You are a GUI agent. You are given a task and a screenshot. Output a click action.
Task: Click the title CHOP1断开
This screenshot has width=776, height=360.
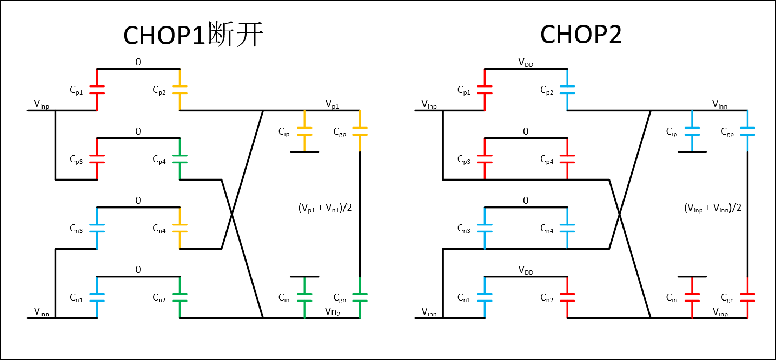pyautogui.click(x=193, y=36)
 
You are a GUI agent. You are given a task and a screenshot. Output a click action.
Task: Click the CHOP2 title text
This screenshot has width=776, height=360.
pyautogui.click(x=581, y=36)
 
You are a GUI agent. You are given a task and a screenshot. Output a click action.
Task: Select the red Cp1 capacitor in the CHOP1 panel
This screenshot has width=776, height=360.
pyautogui.click(x=97, y=90)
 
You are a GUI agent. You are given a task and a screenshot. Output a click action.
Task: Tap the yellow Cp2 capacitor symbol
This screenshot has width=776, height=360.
pyautogui.click(x=180, y=90)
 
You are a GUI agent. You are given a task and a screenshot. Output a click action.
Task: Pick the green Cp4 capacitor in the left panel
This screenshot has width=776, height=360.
pyautogui.click(x=180, y=159)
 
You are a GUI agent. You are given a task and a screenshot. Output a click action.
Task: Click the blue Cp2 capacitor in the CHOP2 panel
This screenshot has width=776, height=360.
pyautogui.click(x=567, y=90)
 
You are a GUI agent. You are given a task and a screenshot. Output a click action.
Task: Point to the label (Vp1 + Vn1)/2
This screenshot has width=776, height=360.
pyautogui.click(x=325, y=208)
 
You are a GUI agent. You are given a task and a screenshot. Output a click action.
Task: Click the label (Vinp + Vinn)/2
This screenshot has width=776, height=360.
pyautogui.click(x=712, y=208)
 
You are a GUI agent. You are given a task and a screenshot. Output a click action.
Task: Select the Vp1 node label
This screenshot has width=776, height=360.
pyautogui.click(x=332, y=104)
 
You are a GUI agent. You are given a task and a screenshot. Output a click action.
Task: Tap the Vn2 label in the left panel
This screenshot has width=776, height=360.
pyautogui.click(x=332, y=311)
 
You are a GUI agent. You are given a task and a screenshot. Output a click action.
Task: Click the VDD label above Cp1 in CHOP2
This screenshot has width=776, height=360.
pyautogui.click(x=525, y=63)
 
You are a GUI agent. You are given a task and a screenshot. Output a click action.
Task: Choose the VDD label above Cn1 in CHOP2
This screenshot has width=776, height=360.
pyautogui.click(x=525, y=270)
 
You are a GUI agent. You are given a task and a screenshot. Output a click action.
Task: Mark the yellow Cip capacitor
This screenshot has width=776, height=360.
pyautogui.click(x=304, y=131)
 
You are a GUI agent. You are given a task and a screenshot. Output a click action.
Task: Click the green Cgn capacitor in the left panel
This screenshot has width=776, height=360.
pyautogui.click(x=360, y=297)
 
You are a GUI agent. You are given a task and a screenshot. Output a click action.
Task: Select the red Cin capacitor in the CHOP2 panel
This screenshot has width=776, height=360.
pyautogui.click(x=692, y=297)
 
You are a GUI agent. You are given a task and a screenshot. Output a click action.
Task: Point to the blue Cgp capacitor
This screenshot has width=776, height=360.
pyautogui.click(x=747, y=131)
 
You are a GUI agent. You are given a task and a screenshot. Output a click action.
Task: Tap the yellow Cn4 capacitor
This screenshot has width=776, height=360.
pyautogui.click(x=180, y=228)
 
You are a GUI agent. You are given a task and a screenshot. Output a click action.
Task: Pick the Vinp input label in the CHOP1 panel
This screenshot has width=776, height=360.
pyautogui.click(x=41, y=104)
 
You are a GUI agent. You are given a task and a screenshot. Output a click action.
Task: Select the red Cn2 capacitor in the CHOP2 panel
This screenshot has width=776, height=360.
pyautogui.click(x=567, y=297)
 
